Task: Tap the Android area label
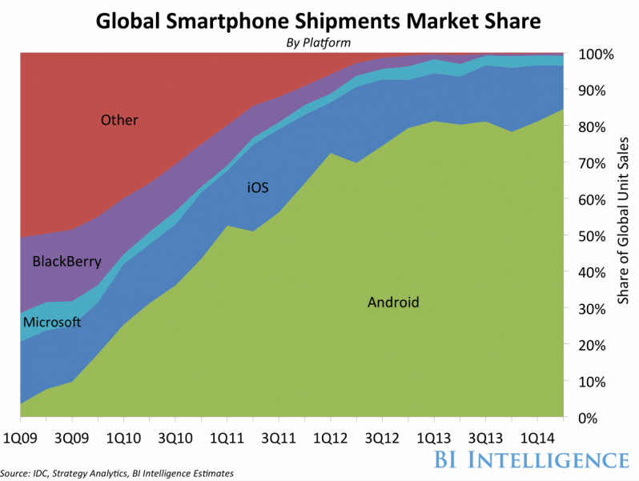tap(393, 303)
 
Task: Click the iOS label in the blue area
tap(258, 189)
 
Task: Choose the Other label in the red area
tap(119, 121)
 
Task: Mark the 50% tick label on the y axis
tap(593, 236)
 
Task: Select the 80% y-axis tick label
tap(593, 127)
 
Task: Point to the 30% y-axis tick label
tap(593, 309)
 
